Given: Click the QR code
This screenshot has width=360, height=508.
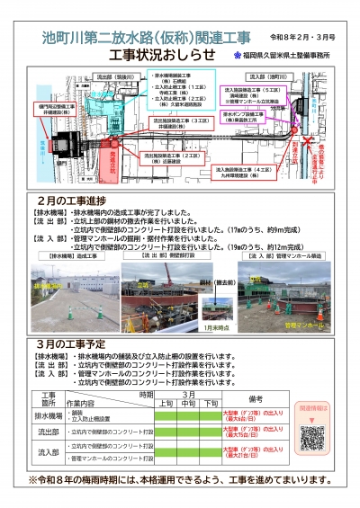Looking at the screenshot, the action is tap(311, 438).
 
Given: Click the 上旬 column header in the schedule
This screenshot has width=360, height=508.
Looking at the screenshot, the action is tap(167, 403).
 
